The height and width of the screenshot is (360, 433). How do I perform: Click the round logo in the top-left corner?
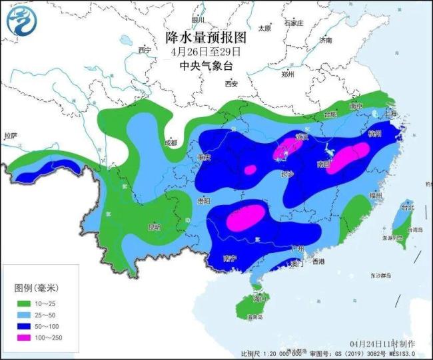pos(20,20)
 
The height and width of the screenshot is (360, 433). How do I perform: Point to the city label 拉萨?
pos(11,136)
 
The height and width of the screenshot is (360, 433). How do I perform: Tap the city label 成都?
pos(171,142)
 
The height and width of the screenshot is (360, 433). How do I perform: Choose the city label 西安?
pos(231,84)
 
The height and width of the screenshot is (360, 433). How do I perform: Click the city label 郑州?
pos(288,75)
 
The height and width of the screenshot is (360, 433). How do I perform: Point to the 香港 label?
pos(318,262)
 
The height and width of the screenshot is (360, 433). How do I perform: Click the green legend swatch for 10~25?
pos(24,302)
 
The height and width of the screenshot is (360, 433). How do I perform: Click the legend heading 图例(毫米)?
pos(37,287)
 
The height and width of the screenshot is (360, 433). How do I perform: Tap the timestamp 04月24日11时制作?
pos(382,343)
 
